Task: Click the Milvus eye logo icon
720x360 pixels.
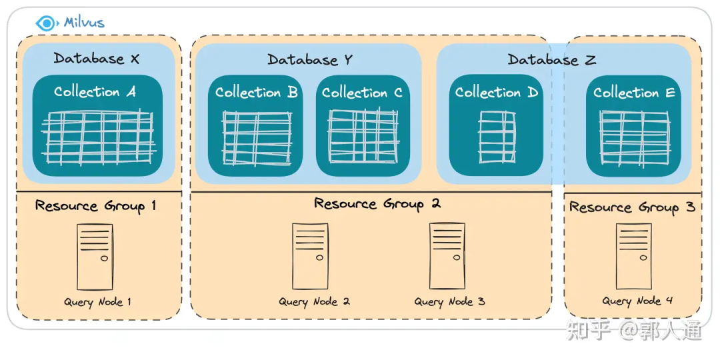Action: click(x=46, y=23)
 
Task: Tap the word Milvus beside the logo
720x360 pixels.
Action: click(x=84, y=23)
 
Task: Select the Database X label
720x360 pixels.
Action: click(x=97, y=59)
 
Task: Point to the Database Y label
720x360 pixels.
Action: click(x=310, y=60)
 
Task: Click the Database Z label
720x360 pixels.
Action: click(x=551, y=60)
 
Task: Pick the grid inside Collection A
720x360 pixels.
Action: click(x=98, y=138)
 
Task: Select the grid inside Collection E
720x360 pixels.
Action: click(x=634, y=137)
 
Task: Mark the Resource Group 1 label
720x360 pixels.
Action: click(x=95, y=206)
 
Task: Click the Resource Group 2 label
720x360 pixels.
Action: click(x=377, y=204)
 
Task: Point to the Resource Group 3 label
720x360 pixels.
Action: click(x=632, y=207)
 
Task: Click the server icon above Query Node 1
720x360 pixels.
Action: click(x=95, y=257)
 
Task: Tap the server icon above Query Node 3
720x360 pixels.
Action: click(x=447, y=255)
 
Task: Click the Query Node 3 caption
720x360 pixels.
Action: click(x=449, y=302)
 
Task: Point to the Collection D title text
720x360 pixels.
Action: click(x=496, y=93)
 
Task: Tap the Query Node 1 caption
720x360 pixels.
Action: click(x=97, y=302)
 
